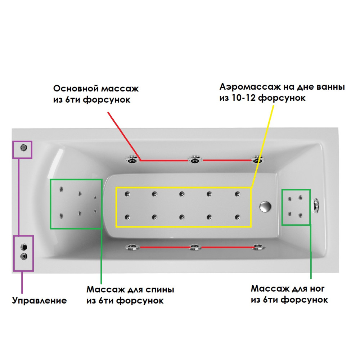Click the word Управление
40,301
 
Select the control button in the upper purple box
24,147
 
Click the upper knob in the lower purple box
24,247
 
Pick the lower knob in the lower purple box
24,256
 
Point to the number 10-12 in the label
244,98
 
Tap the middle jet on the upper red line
195,159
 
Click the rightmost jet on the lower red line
258,247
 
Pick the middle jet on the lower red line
194,247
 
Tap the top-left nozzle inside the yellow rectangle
127,194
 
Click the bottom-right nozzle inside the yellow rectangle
237,217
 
